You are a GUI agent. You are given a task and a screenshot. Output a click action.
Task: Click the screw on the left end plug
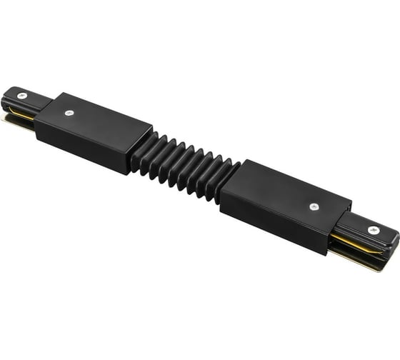[22, 96]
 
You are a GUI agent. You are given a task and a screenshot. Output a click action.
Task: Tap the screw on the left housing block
[69, 112]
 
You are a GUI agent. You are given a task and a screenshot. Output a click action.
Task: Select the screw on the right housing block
[314, 206]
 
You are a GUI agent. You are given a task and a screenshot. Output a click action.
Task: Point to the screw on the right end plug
[373, 230]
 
